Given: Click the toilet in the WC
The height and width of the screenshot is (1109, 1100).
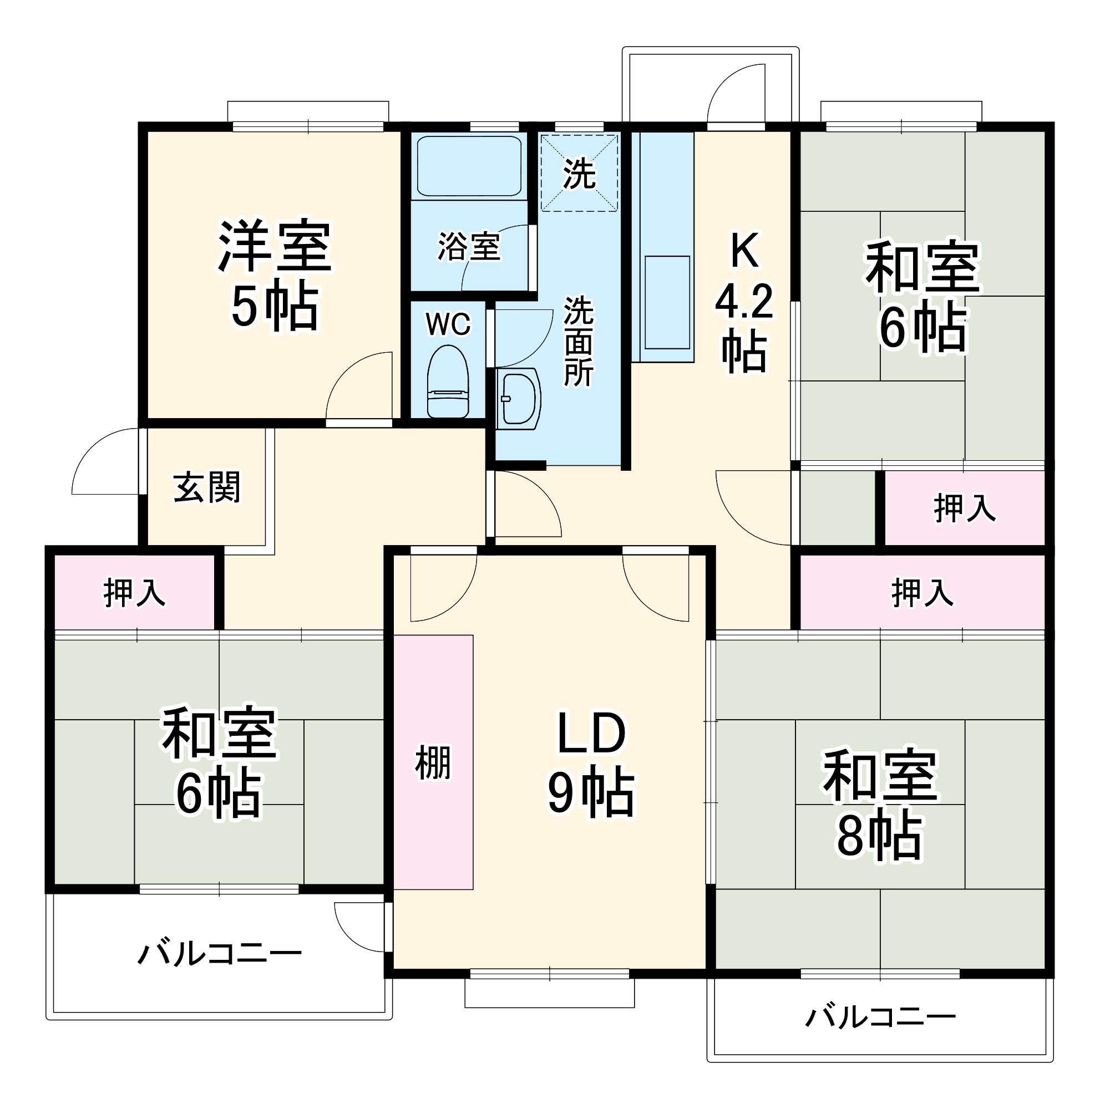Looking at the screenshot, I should pyautogui.click(x=448, y=382).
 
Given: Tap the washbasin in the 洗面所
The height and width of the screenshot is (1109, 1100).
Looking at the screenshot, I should pyautogui.click(x=519, y=398).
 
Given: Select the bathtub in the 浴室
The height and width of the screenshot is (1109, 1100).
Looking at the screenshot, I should pyautogui.click(x=469, y=166).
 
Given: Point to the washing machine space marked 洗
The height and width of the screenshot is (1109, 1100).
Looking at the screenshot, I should pyautogui.click(x=579, y=173).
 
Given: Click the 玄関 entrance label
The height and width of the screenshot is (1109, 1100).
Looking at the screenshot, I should pyautogui.click(x=207, y=487).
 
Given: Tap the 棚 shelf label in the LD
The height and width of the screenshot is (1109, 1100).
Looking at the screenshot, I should pyautogui.click(x=433, y=762).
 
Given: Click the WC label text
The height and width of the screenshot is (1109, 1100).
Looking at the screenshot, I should pyautogui.click(x=448, y=324).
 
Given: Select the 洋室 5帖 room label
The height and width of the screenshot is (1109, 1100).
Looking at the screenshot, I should pyautogui.click(x=275, y=274).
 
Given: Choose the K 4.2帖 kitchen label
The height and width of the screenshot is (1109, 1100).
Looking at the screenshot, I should pyautogui.click(x=744, y=301).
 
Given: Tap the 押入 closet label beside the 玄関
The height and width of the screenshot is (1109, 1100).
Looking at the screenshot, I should pyautogui.click(x=134, y=593).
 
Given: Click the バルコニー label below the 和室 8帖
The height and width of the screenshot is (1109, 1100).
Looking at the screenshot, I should pyautogui.click(x=880, y=1017).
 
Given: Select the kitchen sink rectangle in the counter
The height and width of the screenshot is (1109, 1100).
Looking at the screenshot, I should pyautogui.click(x=667, y=303).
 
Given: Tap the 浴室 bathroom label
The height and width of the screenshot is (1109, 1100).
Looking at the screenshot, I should pyautogui.click(x=469, y=247).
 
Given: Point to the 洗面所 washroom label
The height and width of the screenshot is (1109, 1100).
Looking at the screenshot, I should pyautogui.click(x=578, y=341).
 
